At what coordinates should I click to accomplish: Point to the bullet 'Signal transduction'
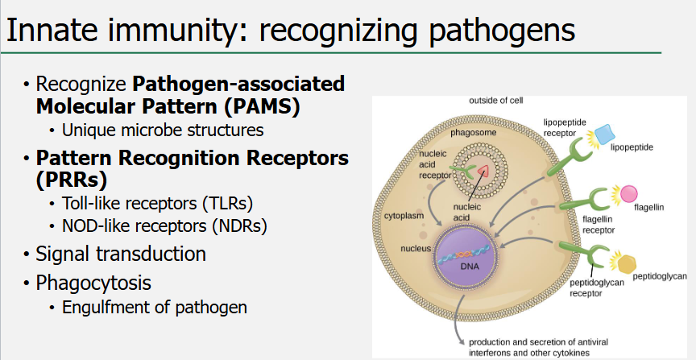[x=121, y=254]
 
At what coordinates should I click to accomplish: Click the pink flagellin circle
[x=628, y=194]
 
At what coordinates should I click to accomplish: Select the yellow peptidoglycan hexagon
[x=622, y=263]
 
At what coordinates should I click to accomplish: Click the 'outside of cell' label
[x=496, y=101]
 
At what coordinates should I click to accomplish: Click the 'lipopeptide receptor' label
[x=565, y=127]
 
